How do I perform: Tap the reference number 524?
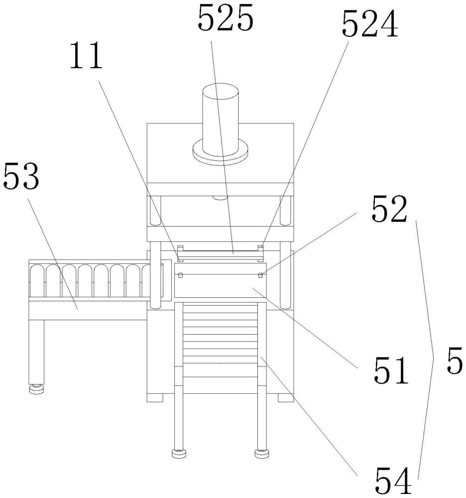click(x=369, y=25)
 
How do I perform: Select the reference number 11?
click(x=86, y=57)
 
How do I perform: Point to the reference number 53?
click(x=21, y=177)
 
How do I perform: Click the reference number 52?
click(x=388, y=210)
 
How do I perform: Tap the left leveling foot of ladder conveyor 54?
click(x=179, y=453)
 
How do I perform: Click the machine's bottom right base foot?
click(x=285, y=398)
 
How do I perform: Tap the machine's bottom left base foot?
click(x=156, y=398)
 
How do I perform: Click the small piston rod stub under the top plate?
click(x=220, y=198)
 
